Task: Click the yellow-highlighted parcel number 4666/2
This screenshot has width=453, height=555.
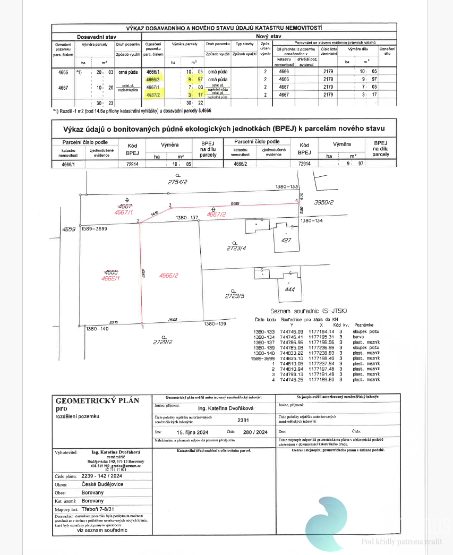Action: click(x=153, y=79)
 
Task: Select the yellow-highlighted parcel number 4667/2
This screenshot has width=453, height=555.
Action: click(x=153, y=94)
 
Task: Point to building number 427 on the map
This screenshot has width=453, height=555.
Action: click(x=287, y=240)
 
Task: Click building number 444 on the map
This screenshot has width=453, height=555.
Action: click(x=289, y=290)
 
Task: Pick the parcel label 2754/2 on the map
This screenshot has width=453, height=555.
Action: click(x=178, y=182)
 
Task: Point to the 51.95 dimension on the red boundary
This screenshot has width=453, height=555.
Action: click(x=235, y=202)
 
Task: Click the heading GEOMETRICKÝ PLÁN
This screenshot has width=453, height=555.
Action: click(x=97, y=400)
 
